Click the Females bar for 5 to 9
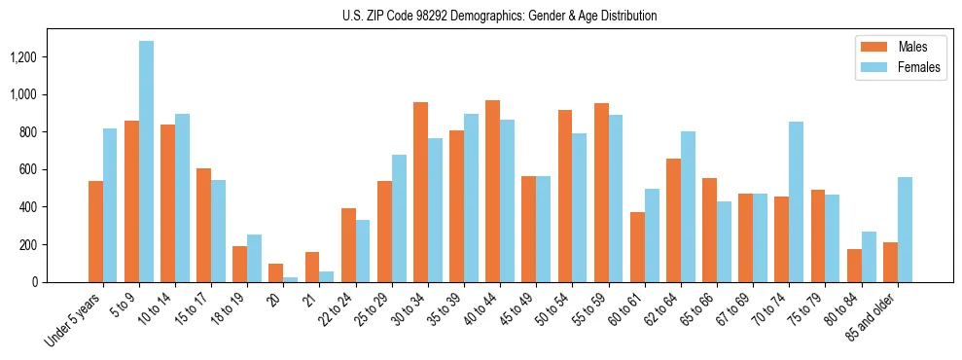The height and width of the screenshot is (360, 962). tap(146, 162)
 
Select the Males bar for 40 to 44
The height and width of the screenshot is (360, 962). tap(492, 191)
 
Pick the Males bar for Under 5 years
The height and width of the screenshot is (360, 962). tap(95, 232)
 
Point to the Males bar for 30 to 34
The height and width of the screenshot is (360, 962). tap(420, 192)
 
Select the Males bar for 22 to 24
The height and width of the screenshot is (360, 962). tap(348, 245)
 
